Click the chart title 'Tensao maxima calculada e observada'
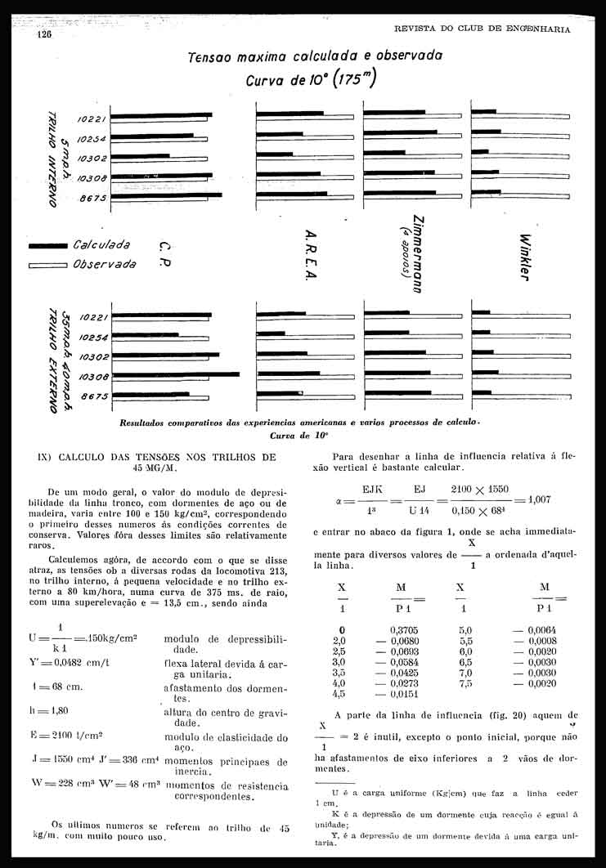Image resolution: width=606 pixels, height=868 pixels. (x=315, y=56)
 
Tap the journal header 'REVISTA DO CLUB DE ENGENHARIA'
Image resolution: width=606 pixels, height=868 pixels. (x=482, y=29)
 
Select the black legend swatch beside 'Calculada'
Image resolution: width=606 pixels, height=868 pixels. (x=47, y=245)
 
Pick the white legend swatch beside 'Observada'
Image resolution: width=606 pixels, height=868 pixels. (x=47, y=265)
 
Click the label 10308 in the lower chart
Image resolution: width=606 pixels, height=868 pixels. (x=92, y=377)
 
